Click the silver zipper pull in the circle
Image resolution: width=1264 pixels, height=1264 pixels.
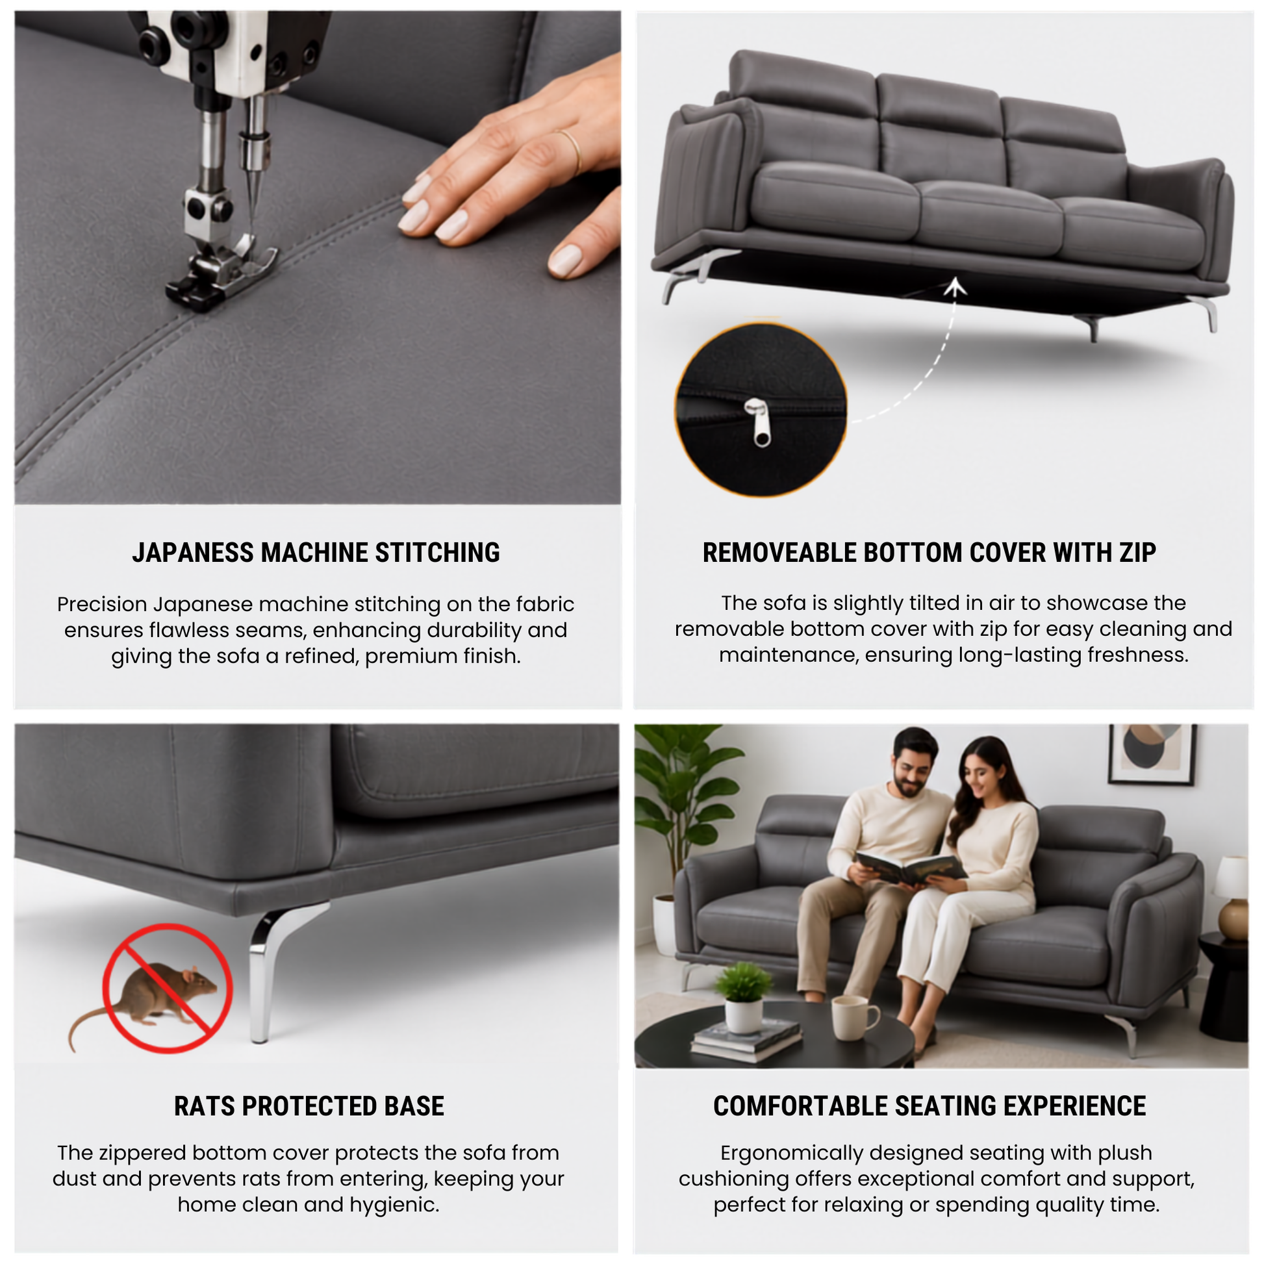pyautogui.click(x=759, y=423)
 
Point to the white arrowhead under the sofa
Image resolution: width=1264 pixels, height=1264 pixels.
pyautogui.click(x=956, y=286)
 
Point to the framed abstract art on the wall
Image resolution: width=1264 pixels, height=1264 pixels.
pyautogui.click(x=1152, y=753)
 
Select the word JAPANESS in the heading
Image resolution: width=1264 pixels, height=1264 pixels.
pyautogui.click(x=192, y=553)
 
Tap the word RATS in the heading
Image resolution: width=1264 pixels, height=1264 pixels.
pyautogui.click(x=203, y=1106)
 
